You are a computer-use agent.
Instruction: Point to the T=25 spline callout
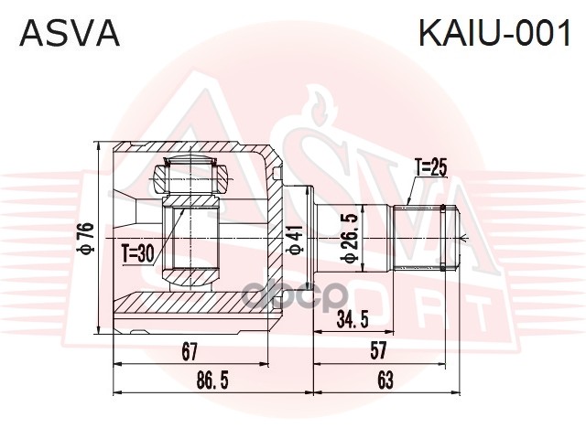point(429,168)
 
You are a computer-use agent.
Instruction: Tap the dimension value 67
point(190,350)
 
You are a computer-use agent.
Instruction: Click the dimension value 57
point(377,350)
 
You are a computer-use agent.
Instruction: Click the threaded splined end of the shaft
point(425,239)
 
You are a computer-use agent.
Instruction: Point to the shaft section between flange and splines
point(366,239)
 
